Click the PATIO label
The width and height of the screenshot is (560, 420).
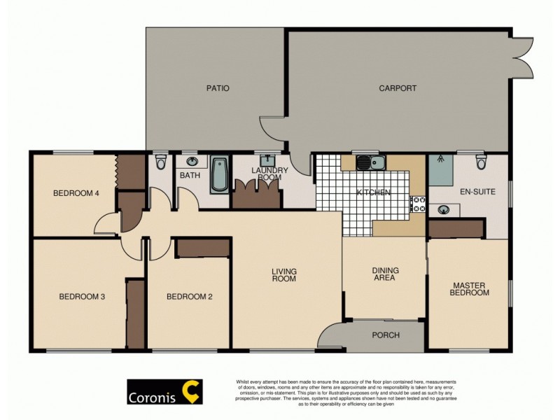point(218,88)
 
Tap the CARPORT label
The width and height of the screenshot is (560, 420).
point(398,88)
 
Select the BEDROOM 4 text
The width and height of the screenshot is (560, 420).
point(75,194)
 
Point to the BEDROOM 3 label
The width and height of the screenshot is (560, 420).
point(81,297)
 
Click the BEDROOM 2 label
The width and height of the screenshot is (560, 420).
point(189,297)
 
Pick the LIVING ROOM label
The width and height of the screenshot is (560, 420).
point(284,274)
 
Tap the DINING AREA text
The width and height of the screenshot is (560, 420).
point(384,274)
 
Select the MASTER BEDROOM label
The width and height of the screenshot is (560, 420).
point(469,289)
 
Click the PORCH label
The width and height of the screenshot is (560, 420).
point(385,335)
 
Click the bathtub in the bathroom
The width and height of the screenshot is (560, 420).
point(218,175)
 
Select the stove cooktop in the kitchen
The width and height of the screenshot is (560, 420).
point(418,204)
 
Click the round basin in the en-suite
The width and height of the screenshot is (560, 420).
point(443,209)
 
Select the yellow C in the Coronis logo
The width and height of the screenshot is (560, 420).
point(190,392)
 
